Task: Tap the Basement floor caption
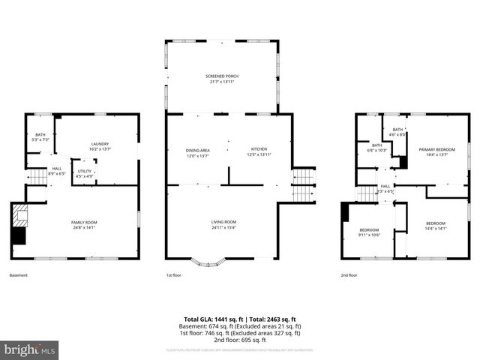coord(19,275)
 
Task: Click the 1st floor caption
coord(174,275)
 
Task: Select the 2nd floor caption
coord(348,275)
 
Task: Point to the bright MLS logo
coord(30,349)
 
